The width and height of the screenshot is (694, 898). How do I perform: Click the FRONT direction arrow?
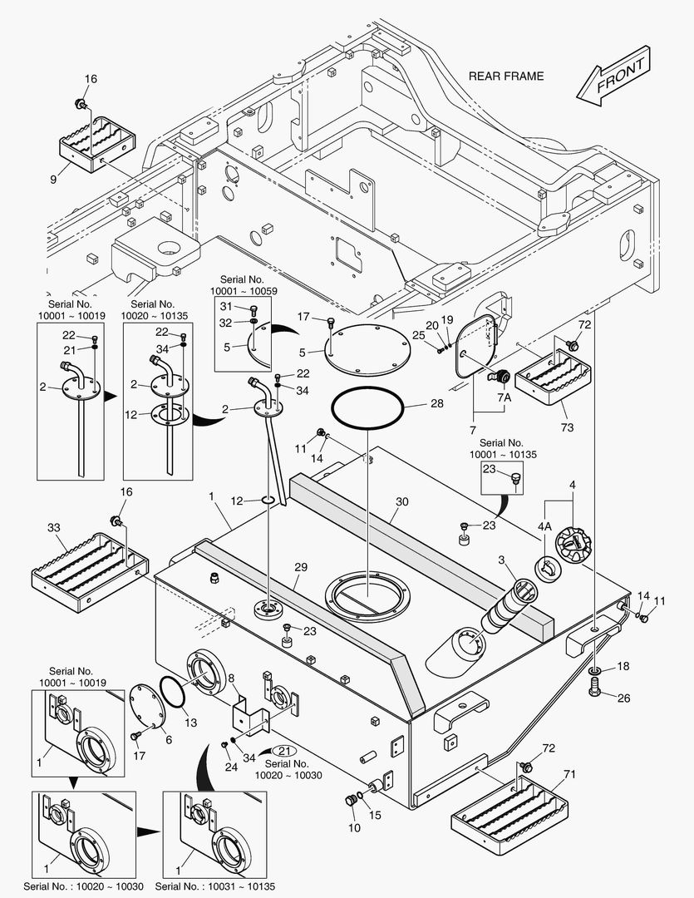tap(614, 76)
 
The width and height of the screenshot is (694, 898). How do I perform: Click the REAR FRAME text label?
tap(506, 76)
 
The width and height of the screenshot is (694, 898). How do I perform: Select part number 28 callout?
tap(437, 403)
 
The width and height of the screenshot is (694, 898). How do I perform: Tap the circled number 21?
tap(284, 750)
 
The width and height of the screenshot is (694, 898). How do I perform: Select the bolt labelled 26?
tap(598, 688)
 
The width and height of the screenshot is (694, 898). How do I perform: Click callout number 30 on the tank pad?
tap(402, 502)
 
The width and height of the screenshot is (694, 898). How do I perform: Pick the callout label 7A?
tap(504, 398)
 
